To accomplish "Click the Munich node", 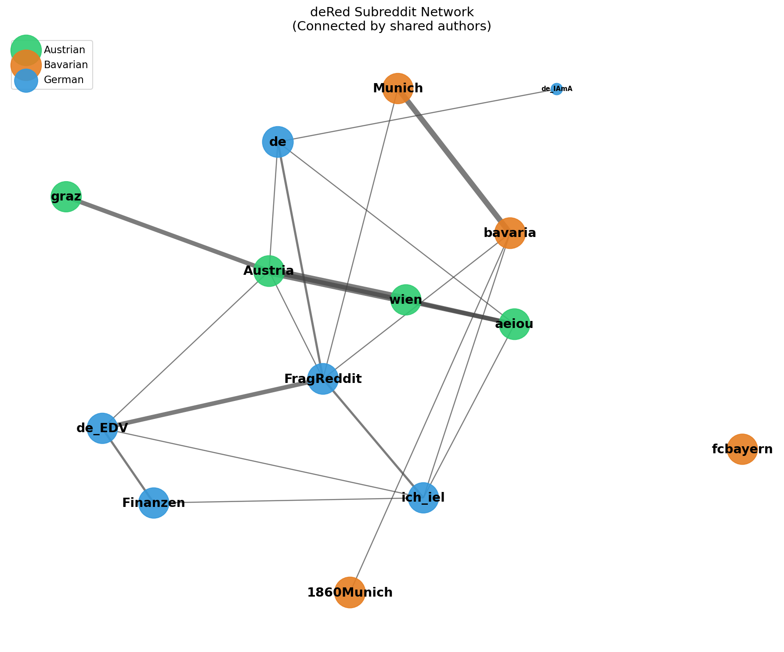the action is tap(397, 88).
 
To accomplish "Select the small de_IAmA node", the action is tap(556, 89).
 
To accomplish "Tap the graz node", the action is tap(66, 197).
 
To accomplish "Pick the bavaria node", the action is tap(509, 233).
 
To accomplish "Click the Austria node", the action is tap(269, 271).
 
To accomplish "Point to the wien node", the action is tap(406, 300).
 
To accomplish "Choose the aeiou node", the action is tap(514, 324).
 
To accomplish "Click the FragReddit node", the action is tap(323, 379).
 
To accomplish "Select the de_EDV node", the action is tap(102, 428).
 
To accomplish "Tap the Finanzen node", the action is tap(154, 503).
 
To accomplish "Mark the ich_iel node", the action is tap(423, 498).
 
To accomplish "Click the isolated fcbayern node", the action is tap(742, 449).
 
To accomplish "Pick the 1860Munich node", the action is tap(350, 592).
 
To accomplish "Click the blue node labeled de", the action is tap(278, 142).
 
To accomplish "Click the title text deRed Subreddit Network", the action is tap(392, 12).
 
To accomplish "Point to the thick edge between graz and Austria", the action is tap(167, 234).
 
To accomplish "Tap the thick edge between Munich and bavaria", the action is tap(454, 160).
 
